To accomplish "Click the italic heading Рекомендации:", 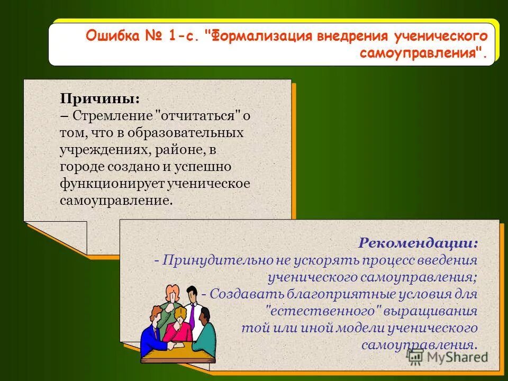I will click(x=418, y=243).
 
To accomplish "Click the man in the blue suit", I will click(x=151, y=336).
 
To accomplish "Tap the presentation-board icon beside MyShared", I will click(x=415, y=357).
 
